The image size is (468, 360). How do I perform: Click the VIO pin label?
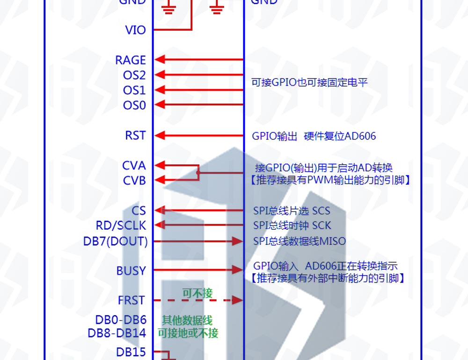tap(135, 30)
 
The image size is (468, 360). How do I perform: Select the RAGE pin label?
tap(131, 60)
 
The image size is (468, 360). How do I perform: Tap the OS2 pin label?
tap(134, 75)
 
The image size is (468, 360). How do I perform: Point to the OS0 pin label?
tap(134, 105)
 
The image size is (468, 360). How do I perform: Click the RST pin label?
tap(135, 136)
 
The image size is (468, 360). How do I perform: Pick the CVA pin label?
tap(134, 166)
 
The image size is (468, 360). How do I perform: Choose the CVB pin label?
tap(134, 181)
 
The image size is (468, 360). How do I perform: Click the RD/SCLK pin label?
tap(121, 226)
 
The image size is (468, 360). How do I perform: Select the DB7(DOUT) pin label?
tap(115, 242)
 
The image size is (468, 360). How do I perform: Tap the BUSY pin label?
tap(131, 271)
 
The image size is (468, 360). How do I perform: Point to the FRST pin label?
tap(132, 301)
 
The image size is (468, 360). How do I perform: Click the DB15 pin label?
tap(131, 352)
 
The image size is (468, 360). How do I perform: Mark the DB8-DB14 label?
tap(117, 333)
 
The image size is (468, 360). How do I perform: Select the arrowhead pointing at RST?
tap(160, 136)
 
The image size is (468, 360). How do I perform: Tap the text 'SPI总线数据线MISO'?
tap(300, 242)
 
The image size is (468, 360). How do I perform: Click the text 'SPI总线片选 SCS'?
tap(292, 211)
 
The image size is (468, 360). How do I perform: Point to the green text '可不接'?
tap(197, 294)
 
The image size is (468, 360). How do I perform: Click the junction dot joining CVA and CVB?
tap(198, 173)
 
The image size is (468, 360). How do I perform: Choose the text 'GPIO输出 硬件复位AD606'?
tap(314, 136)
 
